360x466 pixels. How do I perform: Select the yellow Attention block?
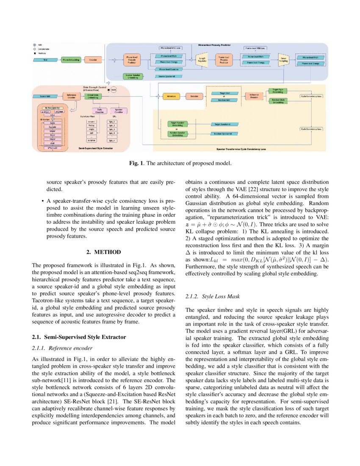click(x=172, y=96)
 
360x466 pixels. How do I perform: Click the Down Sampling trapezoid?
click(x=283, y=60)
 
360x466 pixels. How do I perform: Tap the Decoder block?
click(x=194, y=96)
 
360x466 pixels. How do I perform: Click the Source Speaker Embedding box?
click(x=133, y=76)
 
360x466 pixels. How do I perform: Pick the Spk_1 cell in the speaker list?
click(x=112, y=122)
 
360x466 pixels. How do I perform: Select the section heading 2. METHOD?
click(x=103, y=252)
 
